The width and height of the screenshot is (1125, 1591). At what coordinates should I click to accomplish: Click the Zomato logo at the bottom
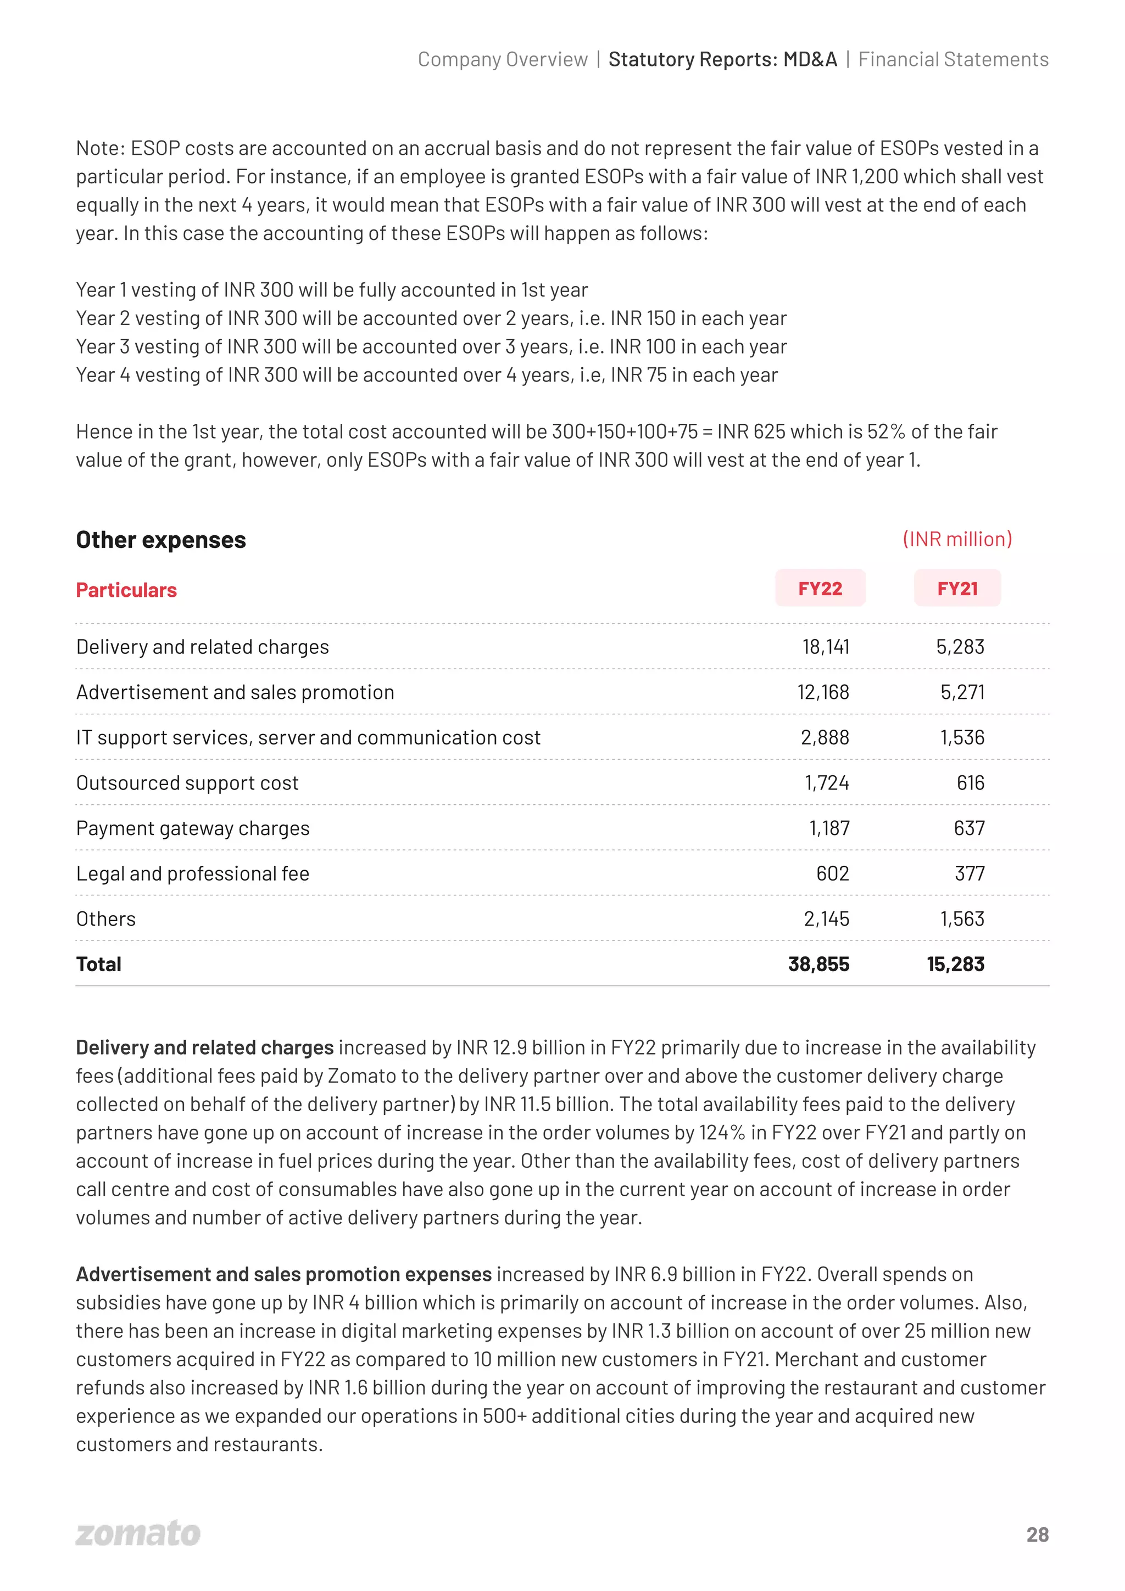pyautogui.click(x=138, y=1533)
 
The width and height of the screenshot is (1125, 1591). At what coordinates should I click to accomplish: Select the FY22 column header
pyautogui.click(x=820, y=589)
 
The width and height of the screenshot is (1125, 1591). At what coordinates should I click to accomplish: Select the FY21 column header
pyautogui.click(x=957, y=589)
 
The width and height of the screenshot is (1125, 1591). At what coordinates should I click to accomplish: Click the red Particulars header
pyautogui.click(x=126, y=590)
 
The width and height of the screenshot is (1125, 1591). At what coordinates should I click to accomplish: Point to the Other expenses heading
pyautogui.click(x=161, y=540)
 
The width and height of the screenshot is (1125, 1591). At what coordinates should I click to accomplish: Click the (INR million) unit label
pyautogui.click(x=956, y=539)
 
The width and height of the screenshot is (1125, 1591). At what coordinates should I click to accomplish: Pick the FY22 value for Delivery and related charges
pyautogui.click(x=825, y=647)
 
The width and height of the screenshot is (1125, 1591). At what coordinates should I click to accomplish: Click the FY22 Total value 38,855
pyautogui.click(x=818, y=964)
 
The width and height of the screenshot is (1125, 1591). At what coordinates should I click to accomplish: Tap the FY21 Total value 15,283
pyautogui.click(x=955, y=964)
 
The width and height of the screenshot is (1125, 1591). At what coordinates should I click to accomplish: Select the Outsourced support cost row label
pyautogui.click(x=187, y=782)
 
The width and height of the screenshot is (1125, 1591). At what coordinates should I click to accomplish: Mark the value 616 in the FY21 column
pyautogui.click(x=971, y=782)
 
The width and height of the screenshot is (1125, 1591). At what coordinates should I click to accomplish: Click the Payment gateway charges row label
pyautogui.click(x=193, y=828)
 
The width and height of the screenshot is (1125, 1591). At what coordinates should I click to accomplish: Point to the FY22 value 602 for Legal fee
pyautogui.click(x=832, y=873)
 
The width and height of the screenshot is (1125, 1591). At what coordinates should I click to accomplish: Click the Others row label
pyautogui.click(x=106, y=919)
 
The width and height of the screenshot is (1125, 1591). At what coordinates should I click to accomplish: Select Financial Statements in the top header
pyautogui.click(x=953, y=60)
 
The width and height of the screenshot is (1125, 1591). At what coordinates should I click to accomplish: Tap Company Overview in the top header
pyautogui.click(x=503, y=60)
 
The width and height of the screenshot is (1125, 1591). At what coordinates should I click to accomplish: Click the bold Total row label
pyautogui.click(x=98, y=964)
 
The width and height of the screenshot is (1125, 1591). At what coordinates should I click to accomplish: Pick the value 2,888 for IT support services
pyautogui.click(x=825, y=737)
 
